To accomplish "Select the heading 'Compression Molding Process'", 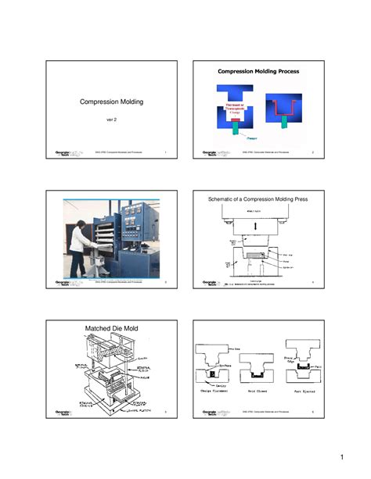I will pyautogui.click(x=258, y=71).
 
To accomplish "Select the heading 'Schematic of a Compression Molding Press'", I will pyautogui.click(x=258, y=200).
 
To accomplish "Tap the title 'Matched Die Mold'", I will pyautogui.click(x=99, y=329).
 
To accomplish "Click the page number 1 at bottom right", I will pyautogui.click(x=343, y=456).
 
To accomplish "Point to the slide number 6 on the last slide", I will pyautogui.click(x=312, y=410).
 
